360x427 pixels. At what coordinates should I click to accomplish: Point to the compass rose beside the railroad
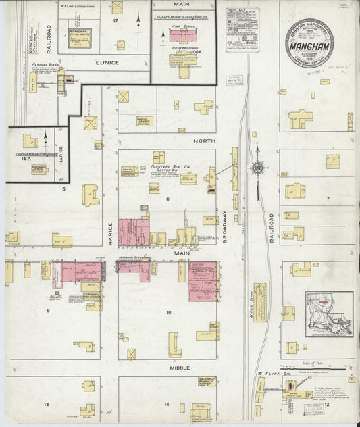coord(257,168)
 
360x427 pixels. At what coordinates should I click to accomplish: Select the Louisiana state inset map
coord(329,314)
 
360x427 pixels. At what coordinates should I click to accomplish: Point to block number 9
coord(48,311)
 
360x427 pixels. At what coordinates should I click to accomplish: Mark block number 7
coord(327,199)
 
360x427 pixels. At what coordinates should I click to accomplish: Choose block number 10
coord(168,312)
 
